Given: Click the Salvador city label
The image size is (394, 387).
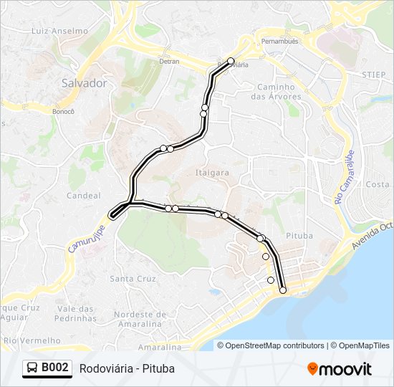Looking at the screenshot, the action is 84,83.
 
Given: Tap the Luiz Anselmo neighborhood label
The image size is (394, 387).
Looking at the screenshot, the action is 59,31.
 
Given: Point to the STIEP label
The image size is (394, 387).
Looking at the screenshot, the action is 373,74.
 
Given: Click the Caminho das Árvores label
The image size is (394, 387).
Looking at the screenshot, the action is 276,92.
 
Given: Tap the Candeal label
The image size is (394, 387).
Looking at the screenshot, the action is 84,195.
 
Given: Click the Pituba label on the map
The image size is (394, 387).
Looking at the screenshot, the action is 299,235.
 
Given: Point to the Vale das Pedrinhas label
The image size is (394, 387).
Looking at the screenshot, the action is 75,312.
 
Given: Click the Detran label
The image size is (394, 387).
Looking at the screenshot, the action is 169,62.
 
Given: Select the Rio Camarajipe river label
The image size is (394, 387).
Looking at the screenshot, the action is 346,172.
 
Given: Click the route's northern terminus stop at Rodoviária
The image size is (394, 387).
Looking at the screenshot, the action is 231,61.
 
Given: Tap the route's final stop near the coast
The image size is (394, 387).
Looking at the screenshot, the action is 283,290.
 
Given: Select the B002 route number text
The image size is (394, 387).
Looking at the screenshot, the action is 55,368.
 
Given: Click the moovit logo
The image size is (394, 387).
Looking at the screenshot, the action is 340,368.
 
